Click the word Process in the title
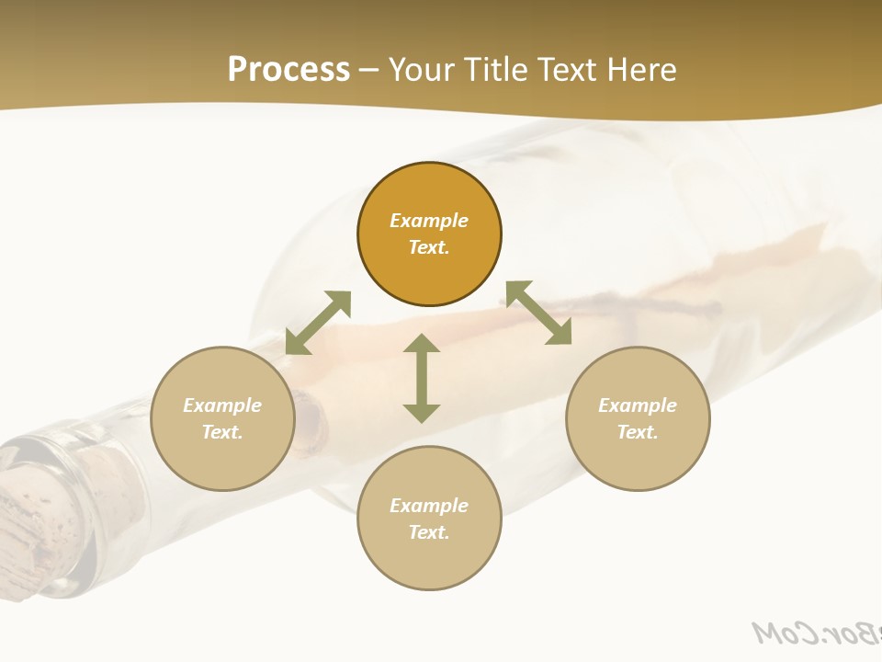[x=288, y=70]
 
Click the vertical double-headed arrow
[x=422, y=379]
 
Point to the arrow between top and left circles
[x=318, y=323]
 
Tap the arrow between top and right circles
[x=538, y=313]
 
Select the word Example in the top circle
[x=429, y=221]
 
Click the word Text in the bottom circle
[x=429, y=532]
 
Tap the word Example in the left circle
[x=222, y=405]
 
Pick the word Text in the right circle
[x=638, y=432]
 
